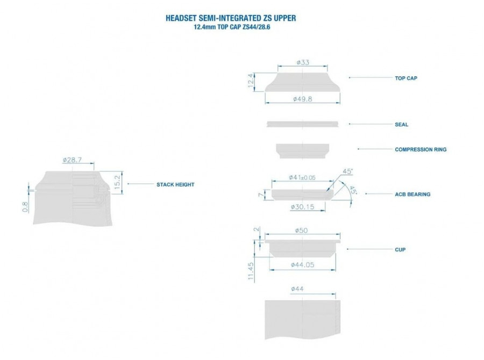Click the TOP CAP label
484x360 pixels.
[406, 78]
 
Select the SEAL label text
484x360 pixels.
[402, 125]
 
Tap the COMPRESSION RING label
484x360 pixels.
[421, 149]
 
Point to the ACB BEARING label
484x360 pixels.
[412, 195]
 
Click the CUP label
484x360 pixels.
[400, 249]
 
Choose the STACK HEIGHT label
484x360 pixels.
[175, 185]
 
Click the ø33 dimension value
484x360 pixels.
[303, 62]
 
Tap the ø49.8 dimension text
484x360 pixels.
[302, 99]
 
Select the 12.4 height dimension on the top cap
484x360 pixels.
[251, 81]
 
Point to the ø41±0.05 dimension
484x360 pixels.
[302, 177]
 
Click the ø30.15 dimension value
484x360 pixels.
[302, 207]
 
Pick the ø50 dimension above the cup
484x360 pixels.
[301, 231]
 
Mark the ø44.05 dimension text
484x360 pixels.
[302, 265]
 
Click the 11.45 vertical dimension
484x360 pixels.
[251, 271]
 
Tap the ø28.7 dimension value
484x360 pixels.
[72, 160]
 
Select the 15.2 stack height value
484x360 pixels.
[117, 182]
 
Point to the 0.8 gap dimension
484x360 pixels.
[25, 207]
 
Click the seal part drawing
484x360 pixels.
[302, 124]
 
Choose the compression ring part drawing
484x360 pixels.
[302, 151]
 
